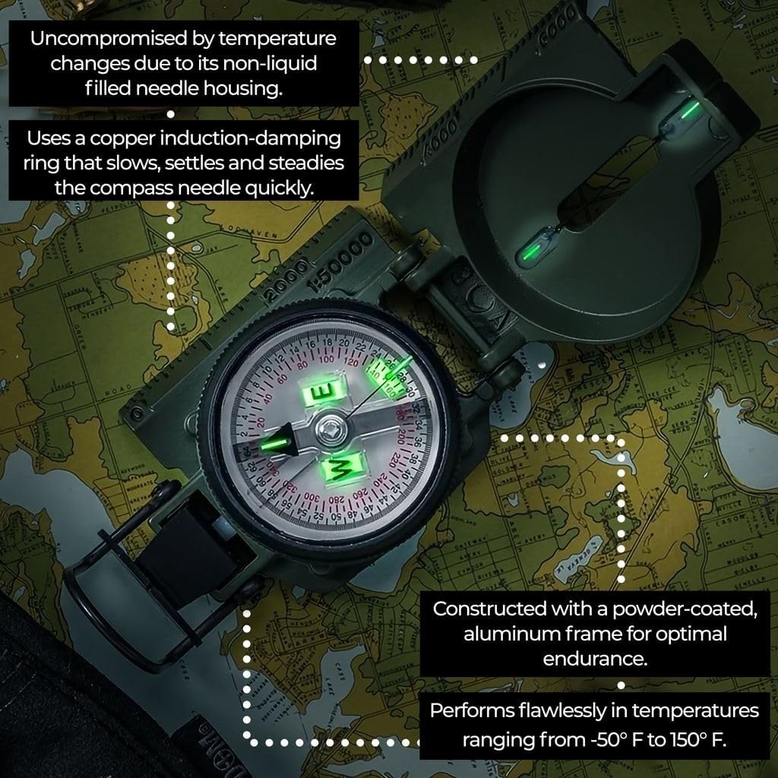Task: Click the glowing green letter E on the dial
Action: (330, 391)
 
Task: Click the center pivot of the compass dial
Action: (332, 429)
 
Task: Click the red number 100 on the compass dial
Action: (327, 359)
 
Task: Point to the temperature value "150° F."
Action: (695, 740)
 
